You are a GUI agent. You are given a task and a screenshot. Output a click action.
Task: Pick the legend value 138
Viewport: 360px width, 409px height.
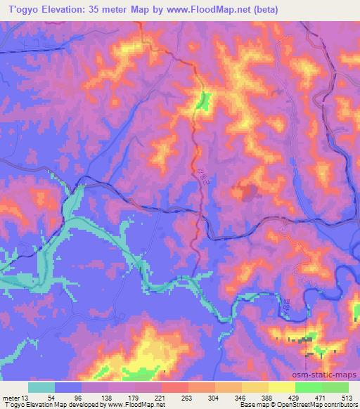coord(105,398)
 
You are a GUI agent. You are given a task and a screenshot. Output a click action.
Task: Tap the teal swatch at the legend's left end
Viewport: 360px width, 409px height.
coord(41,387)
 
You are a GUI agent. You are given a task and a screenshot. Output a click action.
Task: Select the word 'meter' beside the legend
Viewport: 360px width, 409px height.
coord(13,398)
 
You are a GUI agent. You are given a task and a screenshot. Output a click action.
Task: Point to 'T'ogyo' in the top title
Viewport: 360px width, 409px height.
coord(22,10)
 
